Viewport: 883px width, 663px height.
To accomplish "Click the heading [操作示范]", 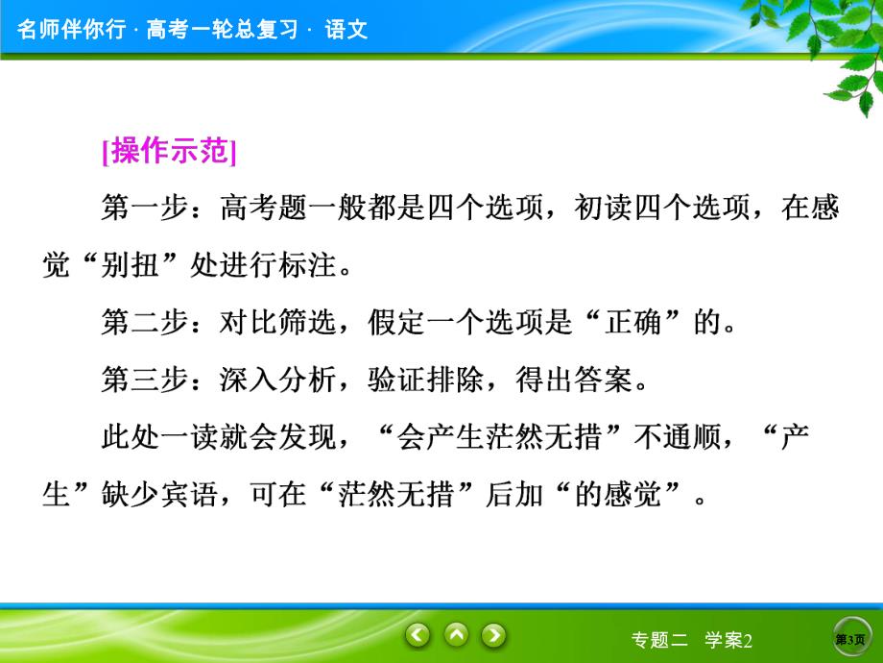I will point(168,152).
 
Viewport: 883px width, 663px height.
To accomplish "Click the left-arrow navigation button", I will point(418,634).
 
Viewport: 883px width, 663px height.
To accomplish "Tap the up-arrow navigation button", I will point(456,634).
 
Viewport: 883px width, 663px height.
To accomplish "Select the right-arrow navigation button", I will point(493,634).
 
